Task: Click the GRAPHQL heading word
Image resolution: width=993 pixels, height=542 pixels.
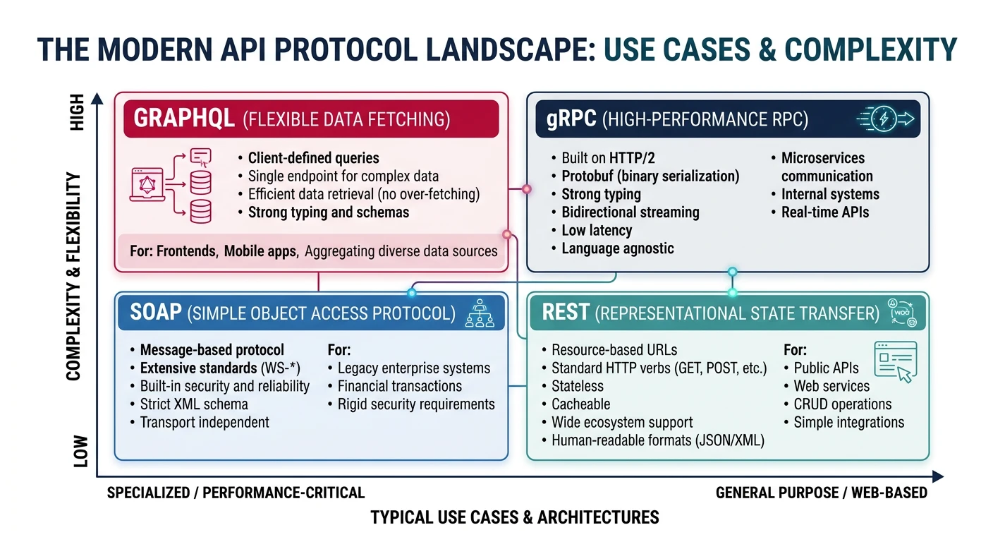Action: (183, 118)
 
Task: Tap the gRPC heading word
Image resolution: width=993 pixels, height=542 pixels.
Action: (571, 119)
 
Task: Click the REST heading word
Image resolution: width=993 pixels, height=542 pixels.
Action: (566, 312)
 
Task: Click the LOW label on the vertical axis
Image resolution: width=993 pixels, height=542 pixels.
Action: (80, 450)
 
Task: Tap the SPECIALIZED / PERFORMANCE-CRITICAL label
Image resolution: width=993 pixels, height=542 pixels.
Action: (236, 493)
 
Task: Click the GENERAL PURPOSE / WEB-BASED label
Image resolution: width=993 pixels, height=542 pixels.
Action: (821, 493)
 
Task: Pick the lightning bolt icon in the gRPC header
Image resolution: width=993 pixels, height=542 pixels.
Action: (884, 119)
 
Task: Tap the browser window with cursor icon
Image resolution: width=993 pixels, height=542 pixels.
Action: (894, 361)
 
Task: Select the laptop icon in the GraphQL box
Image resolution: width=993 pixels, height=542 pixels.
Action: (147, 186)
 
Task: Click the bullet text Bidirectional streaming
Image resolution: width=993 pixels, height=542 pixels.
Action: (630, 212)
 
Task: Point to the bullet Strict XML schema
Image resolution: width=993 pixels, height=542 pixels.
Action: (193, 404)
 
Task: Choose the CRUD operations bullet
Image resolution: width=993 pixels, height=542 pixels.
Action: (842, 404)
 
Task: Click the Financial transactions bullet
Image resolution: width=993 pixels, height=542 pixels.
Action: (399, 386)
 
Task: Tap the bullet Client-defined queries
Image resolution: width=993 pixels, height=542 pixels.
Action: (313, 158)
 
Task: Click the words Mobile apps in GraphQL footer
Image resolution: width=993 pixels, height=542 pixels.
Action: (260, 251)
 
